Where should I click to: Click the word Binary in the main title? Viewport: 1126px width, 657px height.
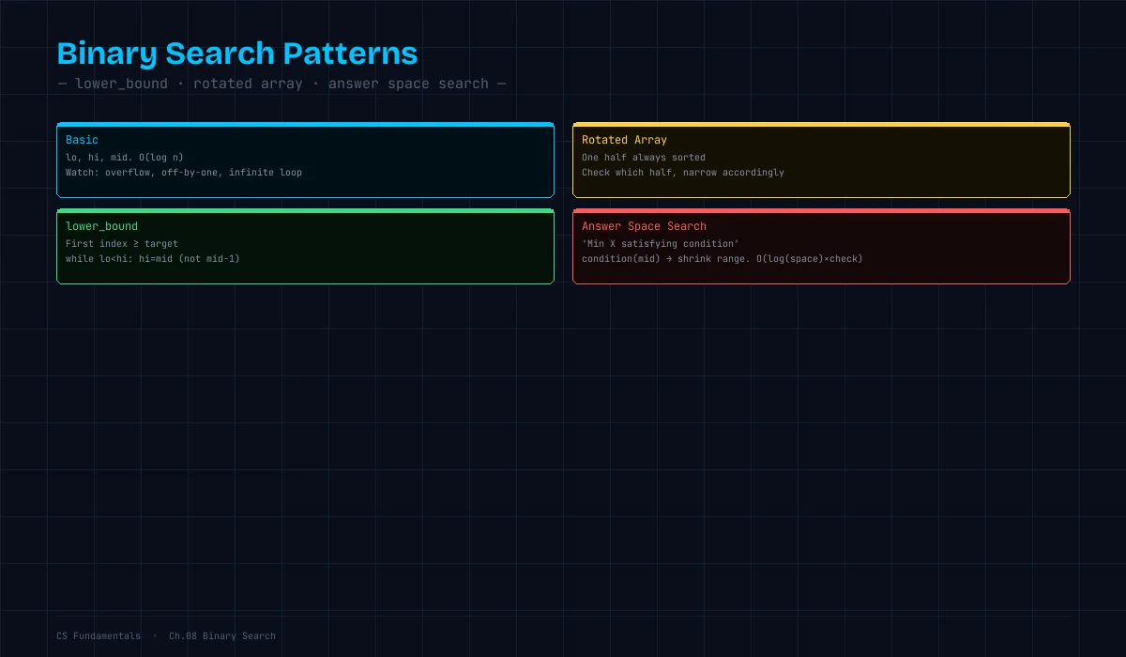pos(107,54)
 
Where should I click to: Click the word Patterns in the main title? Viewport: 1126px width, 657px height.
pos(350,53)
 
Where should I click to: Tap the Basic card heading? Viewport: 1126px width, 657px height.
pos(82,140)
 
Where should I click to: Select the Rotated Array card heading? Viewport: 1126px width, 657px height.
pos(624,140)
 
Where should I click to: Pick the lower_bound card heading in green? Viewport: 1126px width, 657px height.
pos(101,226)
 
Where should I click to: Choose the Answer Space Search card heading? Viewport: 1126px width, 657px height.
pos(644,227)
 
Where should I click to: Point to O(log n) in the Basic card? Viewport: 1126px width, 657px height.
pos(160,158)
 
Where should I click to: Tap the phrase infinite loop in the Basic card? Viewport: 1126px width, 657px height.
pos(266,173)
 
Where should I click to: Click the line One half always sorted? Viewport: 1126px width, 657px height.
pos(644,158)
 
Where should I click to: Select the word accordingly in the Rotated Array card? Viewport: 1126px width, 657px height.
pos(753,173)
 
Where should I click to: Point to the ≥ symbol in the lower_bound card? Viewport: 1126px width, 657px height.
pos(136,244)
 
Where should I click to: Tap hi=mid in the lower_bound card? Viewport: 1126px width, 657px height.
pos(156,259)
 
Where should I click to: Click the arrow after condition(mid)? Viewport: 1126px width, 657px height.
pos(668,259)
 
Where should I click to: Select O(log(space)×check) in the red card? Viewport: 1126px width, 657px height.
pos(809,259)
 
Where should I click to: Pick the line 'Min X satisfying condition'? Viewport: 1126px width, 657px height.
pos(660,244)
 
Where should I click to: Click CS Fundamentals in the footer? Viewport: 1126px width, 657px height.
pos(99,636)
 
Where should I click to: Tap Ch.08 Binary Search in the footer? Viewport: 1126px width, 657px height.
pos(222,636)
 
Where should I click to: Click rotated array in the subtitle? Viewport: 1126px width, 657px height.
pos(248,84)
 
